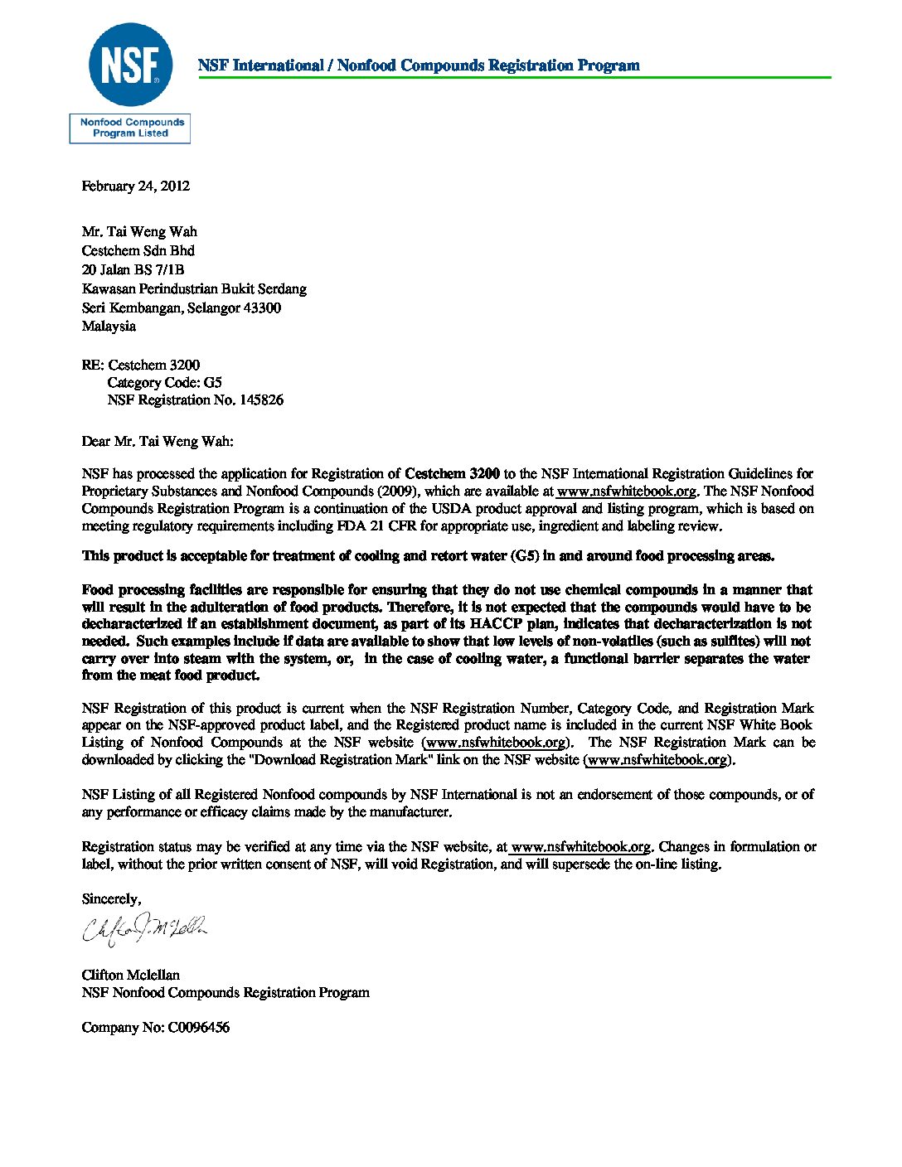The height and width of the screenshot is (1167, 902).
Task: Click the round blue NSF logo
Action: (130, 65)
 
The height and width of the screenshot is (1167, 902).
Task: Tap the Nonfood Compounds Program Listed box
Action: (130, 128)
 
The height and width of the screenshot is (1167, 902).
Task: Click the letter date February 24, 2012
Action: (135, 186)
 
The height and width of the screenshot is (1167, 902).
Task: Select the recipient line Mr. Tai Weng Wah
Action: (139, 232)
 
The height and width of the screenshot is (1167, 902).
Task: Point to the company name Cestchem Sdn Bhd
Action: (138, 250)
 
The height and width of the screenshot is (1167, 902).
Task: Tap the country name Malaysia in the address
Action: (109, 327)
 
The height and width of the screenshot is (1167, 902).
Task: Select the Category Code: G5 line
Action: (164, 383)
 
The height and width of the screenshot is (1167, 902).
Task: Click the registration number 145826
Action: (261, 400)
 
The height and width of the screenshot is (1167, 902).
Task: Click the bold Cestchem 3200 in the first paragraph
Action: (452, 474)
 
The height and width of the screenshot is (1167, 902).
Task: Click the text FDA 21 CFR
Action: (376, 526)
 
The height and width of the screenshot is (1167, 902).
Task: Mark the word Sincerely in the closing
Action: (111, 899)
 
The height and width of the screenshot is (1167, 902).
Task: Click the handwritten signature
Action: (144, 930)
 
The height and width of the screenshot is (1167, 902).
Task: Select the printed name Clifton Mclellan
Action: (130, 976)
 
